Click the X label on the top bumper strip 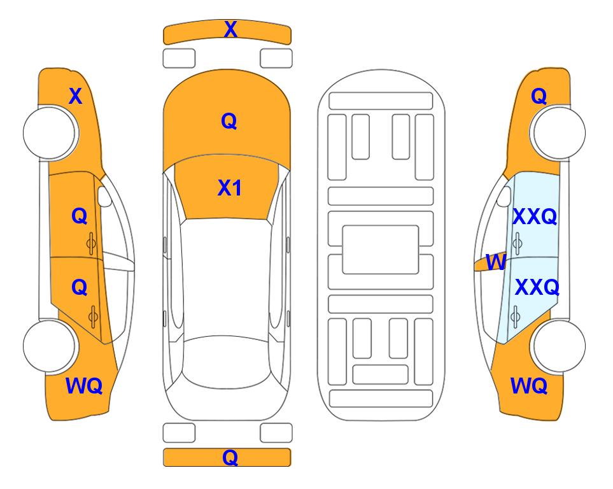tap(230, 29)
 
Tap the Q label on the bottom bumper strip tap(230, 457)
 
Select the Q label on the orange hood tap(229, 121)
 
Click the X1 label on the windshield tap(230, 188)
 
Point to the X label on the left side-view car tap(76, 96)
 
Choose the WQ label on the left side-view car tap(84, 386)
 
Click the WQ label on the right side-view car tap(529, 386)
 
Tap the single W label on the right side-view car tap(496, 262)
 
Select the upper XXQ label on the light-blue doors tap(535, 216)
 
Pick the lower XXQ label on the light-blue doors tap(537, 288)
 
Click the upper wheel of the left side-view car tap(50, 133)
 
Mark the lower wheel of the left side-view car tap(50, 346)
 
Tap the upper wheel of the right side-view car tap(558, 132)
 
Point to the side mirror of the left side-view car tap(104, 196)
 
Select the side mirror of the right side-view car tap(504, 196)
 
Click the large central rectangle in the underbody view tap(381, 250)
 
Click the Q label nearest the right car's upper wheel tap(539, 96)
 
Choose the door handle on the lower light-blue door tap(516, 316)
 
